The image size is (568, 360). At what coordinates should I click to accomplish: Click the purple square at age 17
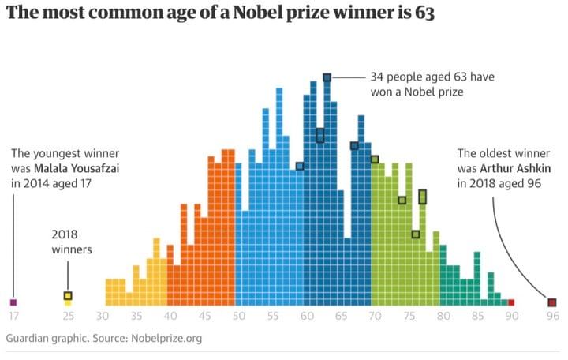click(13, 302)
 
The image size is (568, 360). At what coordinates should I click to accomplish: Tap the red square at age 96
click(552, 302)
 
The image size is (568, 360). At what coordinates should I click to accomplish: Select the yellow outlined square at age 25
click(68, 296)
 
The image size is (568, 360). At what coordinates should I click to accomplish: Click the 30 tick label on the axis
click(103, 317)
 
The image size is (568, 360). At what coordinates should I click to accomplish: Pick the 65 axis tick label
click(341, 317)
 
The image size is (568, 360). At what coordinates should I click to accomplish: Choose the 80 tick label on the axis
click(443, 317)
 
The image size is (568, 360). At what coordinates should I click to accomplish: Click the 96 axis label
click(552, 317)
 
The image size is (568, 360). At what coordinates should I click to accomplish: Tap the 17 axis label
click(13, 317)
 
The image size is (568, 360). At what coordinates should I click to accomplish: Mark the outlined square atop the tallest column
click(327, 77)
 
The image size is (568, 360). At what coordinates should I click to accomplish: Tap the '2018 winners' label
click(72, 242)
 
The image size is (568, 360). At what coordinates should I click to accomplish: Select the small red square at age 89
click(511, 302)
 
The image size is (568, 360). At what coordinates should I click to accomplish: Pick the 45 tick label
click(205, 317)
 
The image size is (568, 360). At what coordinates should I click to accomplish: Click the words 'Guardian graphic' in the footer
click(43, 339)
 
